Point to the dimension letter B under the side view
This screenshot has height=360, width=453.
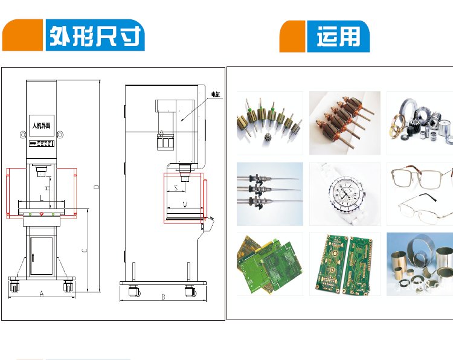point(162,297)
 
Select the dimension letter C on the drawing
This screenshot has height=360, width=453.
point(85,249)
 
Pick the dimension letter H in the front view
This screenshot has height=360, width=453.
point(47,189)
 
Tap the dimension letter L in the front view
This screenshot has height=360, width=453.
point(40,198)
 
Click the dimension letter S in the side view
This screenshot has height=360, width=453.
point(176,188)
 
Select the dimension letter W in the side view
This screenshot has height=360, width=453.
point(184,205)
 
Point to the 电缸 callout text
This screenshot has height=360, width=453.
point(216,94)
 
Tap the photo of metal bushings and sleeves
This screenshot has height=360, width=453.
point(419,264)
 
